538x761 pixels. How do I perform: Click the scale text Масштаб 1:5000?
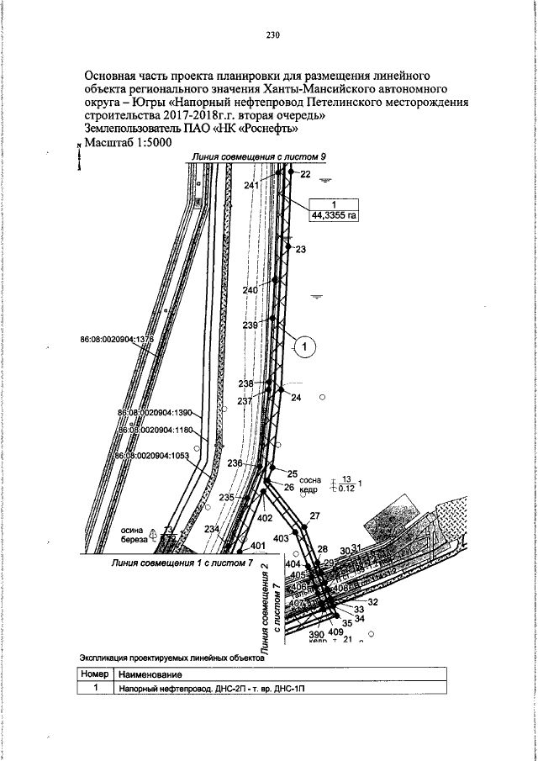tap(128, 143)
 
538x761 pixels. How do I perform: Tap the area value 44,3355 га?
tap(335, 215)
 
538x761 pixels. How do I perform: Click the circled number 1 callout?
tap(307, 345)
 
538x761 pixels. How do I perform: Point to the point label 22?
tap(304, 174)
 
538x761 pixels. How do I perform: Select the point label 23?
tap(301, 250)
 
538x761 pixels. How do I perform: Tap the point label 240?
tap(251, 290)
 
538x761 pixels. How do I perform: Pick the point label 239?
tap(251, 325)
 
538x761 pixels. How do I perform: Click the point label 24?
tap(296, 399)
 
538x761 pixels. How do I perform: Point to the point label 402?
tap(265, 519)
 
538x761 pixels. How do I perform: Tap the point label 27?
tap(315, 515)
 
